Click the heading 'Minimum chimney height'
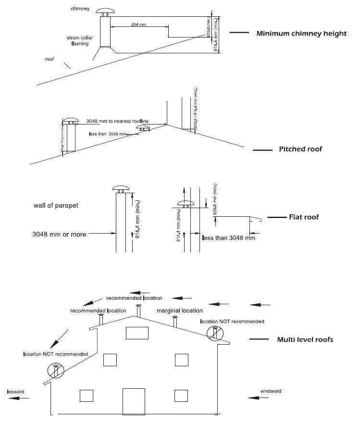pyautogui.click(x=301, y=34)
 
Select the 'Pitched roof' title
pyautogui.click(x=300, y=149)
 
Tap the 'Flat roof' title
pyautogui.click(x=304, y=217)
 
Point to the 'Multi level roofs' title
pyautogui.click(x=305, y=339)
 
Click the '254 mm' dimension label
pyautogui.click(x=139, y=24)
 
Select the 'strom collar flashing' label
pyautogui.click(x=79, y=40)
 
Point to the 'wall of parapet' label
pyautogui.click(x=56, y=206)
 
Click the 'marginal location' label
pyautogui.click(x=180, y=311)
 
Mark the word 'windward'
pyautogui.click(x=271, y=391)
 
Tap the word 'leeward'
pyautogui.click(x=16, y=392)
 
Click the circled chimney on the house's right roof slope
pyautogui.click(x=215, y=332)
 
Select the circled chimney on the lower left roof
pyautogui.click(x=56, y=371)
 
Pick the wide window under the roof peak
pyautogui.click(x=137, y=333)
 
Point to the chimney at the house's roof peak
pyautogui.click(x=139, y=311)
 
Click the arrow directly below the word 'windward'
pyautogui.click(x=258, y=397)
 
